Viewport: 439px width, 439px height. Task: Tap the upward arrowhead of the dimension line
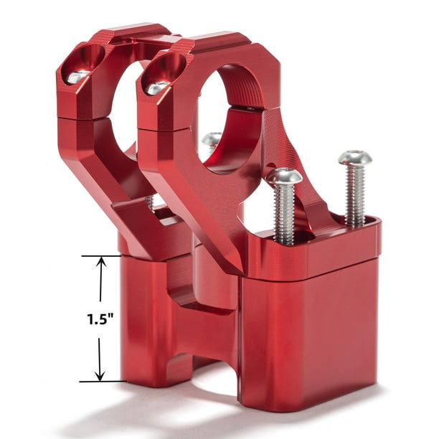click(100, 263)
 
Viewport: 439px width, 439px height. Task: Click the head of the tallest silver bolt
click(355, 157)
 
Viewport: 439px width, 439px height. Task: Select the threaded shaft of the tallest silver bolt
click(355, 194)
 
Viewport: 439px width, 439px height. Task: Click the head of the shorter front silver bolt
click(284, 175)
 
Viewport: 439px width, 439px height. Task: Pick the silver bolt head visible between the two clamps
click(211, 139)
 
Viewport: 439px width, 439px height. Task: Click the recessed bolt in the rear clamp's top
click(77, 75)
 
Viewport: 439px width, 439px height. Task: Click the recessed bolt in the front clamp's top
click(158, 87)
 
